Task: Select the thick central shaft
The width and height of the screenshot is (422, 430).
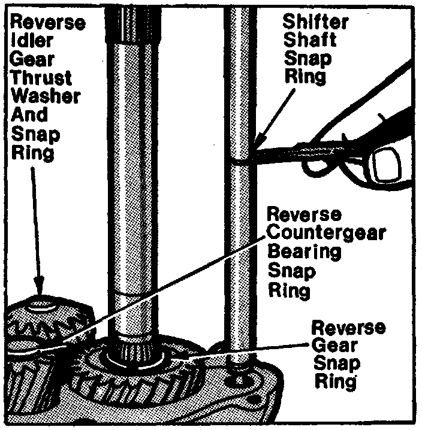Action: click(136, 180)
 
